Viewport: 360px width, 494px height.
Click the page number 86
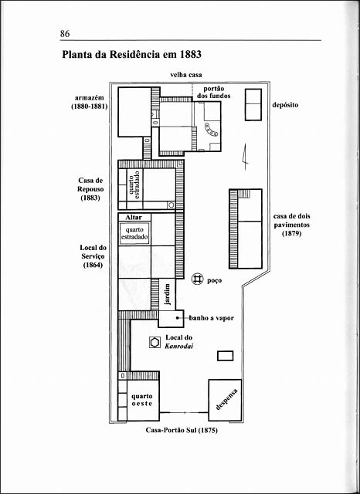[x=65, y=33]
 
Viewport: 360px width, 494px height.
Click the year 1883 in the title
[x=190, y=55]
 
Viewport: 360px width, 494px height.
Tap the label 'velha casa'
[x=186, y=75]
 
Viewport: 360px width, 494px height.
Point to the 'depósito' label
[x=285, y=105]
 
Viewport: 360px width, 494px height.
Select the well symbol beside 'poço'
[x=198, y=279]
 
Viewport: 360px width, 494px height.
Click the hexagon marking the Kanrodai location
[x=155, y=343]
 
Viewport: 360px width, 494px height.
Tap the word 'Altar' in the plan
[x=134, y=218]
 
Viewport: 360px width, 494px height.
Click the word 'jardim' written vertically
[x=168, y=294]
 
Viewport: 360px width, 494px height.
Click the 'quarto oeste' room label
[x=142, y=400]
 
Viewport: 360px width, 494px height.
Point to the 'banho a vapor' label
[x=212, y=318]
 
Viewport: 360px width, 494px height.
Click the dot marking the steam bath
[x=178, y=318]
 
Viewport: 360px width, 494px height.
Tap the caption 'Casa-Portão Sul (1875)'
[x=182, y=430]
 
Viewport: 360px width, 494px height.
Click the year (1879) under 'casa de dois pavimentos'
[x=291, y=234]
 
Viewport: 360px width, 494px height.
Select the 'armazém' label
[x=89, y=98]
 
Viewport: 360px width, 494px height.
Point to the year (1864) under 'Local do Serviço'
[x=93, y=266]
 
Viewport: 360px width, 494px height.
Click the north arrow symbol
[x=245, y=157]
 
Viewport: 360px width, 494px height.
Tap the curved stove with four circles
[x=211, y=129]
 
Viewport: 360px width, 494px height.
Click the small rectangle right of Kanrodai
[x=226, y=356]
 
